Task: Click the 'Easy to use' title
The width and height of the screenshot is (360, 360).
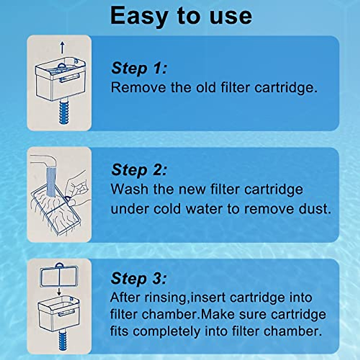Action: click(x=181, y=16)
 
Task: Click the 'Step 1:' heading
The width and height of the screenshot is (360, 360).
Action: click(x=139, y=68)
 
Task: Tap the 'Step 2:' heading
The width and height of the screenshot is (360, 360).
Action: click(x=139, y=170)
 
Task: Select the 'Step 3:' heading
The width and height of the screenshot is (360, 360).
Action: click(x=138, y=279)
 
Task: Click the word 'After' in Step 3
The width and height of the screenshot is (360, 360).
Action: click(x=125, y=297)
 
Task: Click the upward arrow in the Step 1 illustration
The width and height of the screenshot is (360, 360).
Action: click(x=62, y=47)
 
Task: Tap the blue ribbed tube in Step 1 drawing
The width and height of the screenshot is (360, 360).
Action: click(x=64, y=112)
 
